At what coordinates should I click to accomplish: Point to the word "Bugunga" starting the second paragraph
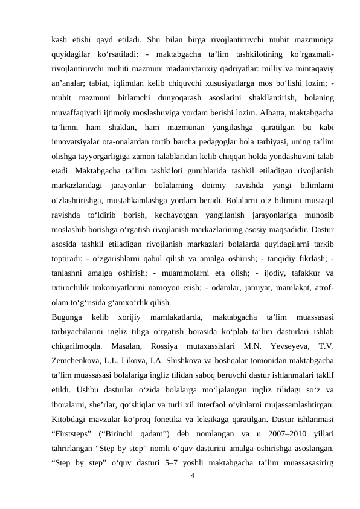click(x=68, y=316)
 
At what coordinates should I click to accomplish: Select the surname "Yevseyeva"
click(x=278, y=346)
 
